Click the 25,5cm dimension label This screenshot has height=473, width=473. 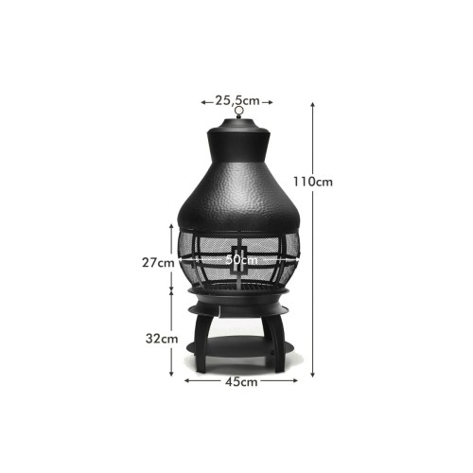(237, 100)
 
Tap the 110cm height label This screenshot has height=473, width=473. (313, 182)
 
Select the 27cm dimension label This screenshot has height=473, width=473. (158, 262)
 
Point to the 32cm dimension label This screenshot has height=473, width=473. (162, 339)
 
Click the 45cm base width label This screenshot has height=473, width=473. (241, 382)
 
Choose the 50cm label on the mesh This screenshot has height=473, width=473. (241, 260)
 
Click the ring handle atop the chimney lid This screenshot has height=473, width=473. (239, 112)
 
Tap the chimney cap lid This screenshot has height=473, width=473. (238, 126)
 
